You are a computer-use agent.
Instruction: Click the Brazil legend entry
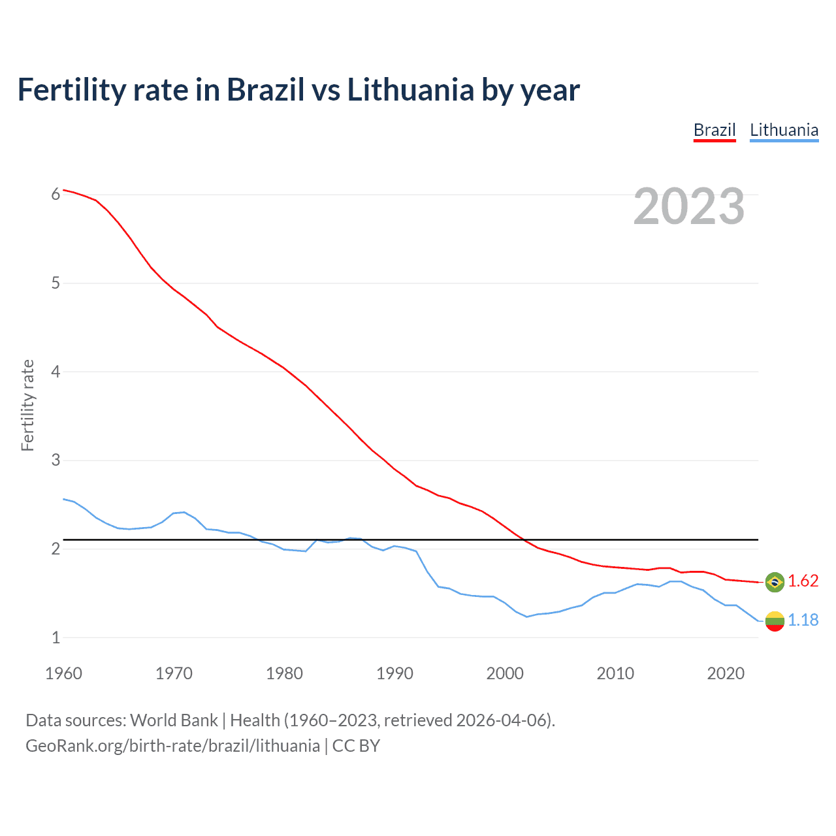(715, 130)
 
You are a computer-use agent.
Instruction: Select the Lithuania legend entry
(784, 130)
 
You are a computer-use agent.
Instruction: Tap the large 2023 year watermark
(689, 206)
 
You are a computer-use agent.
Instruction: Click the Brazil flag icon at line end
(775, 582)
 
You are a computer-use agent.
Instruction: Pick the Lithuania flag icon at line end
(775, 620)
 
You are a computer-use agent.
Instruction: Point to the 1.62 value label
(803, 581)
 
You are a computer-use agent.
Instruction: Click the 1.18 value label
(803, 620)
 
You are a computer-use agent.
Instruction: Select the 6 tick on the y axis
(56, 194)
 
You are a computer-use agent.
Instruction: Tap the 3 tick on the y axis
(56, 460)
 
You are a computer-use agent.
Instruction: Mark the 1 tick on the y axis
(56, 637)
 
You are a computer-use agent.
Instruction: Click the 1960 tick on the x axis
(63, 673)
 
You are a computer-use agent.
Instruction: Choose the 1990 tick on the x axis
(394, 673)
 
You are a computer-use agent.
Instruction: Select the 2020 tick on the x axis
(726, 673)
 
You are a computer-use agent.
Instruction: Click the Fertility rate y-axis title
(27, 405)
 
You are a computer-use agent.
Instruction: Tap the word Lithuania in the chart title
(410, 89)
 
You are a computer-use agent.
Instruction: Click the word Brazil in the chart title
(265, 89)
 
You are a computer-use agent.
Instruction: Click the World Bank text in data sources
(174, 720)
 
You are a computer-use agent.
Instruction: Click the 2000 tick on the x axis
(505, 673)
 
